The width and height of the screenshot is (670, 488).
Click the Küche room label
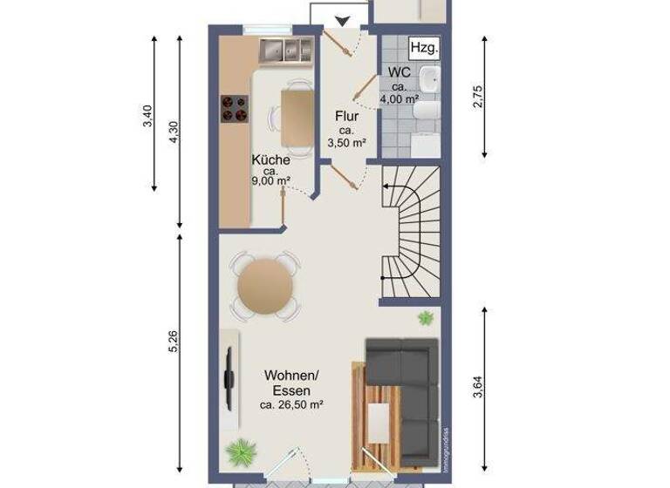point(270,160)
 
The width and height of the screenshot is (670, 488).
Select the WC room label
point(400,72)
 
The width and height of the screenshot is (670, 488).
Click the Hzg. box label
point(424,47)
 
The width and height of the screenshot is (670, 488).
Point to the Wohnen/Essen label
point(291,383)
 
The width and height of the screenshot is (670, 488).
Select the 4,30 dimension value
point(173,132)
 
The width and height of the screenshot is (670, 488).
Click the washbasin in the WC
point(428,79)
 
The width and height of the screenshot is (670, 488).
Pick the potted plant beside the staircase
point(426,318)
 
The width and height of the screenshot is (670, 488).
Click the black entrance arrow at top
point(341,20)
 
